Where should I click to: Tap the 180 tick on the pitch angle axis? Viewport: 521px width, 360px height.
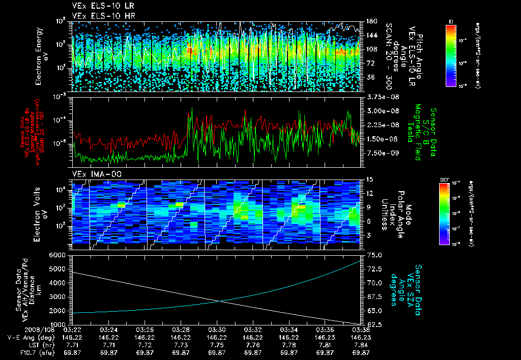coord(370,21)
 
